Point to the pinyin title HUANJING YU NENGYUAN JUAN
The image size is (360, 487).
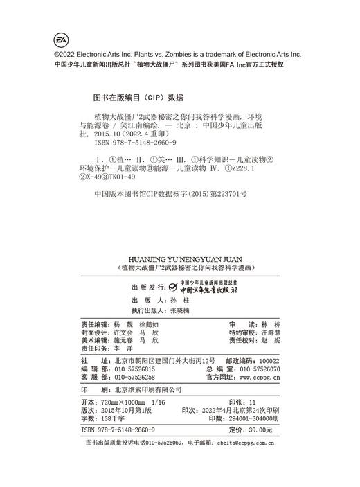point(179,255)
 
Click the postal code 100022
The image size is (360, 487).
point(267,361)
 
